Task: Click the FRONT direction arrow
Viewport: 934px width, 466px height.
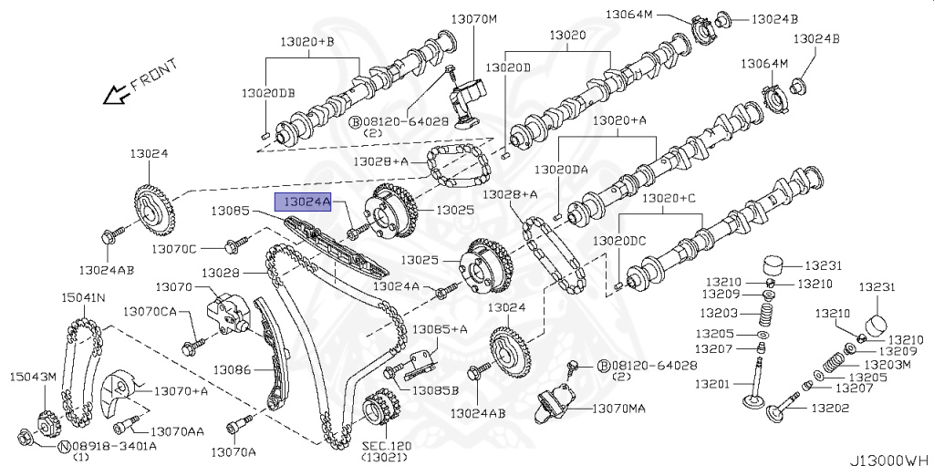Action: tap(116, 93)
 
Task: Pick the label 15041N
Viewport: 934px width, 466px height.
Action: tap(83, 297)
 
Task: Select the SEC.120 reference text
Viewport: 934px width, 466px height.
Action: tap(387, 447)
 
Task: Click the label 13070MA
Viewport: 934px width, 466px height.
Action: tap(617, 408)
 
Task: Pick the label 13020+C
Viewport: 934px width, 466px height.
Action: tap(668, 198)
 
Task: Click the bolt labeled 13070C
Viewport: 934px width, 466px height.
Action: tap(234, 245)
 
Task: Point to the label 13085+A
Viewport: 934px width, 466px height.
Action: tap(440, 329)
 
